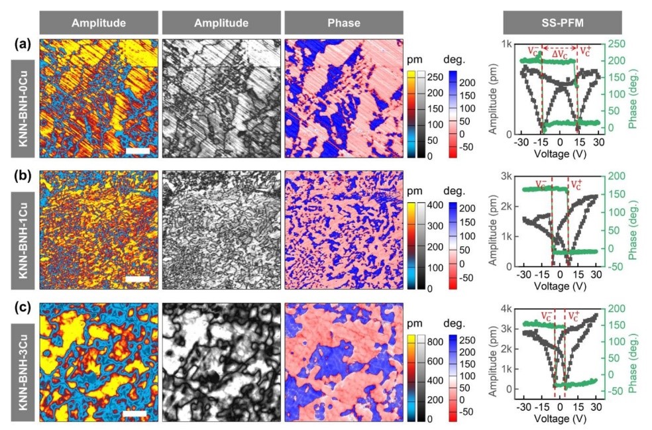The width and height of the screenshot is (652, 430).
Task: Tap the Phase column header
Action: [343, 23]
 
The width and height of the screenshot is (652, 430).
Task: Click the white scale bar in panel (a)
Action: [138, 150]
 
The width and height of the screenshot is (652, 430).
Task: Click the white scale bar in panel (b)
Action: [138, 280]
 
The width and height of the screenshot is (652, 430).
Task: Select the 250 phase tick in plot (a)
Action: [614, 44]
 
